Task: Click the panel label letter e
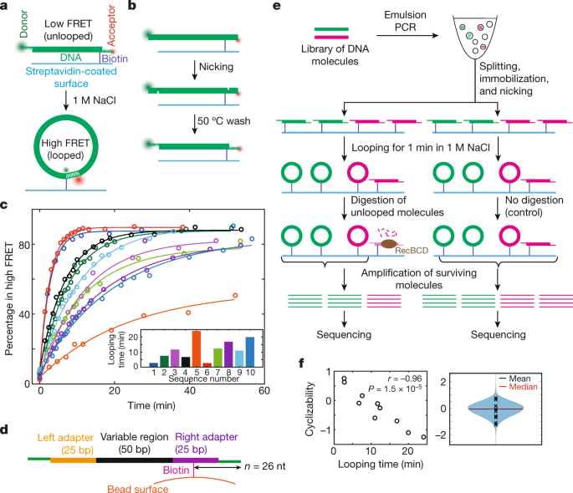point(277,6)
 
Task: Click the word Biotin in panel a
point(115,58)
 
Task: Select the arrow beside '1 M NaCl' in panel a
point(66,100)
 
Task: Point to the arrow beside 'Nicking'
point(195,70)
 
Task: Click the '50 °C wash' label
point(224,121)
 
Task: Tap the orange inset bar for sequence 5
point(197,348)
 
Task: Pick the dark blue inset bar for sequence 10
point(250,352)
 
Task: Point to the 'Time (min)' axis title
point(151,405)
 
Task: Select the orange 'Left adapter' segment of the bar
point(73,460)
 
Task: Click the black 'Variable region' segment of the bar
point(135,460)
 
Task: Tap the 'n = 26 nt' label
point(265,466)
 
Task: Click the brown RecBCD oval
point(389,243)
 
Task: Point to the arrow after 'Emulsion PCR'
point(407,35)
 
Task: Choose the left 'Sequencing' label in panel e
point(344,334)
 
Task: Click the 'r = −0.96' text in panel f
point(405,379)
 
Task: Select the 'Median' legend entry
point(518,387)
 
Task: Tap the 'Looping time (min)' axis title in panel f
point(381,464)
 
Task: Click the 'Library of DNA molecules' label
point(335,55)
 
